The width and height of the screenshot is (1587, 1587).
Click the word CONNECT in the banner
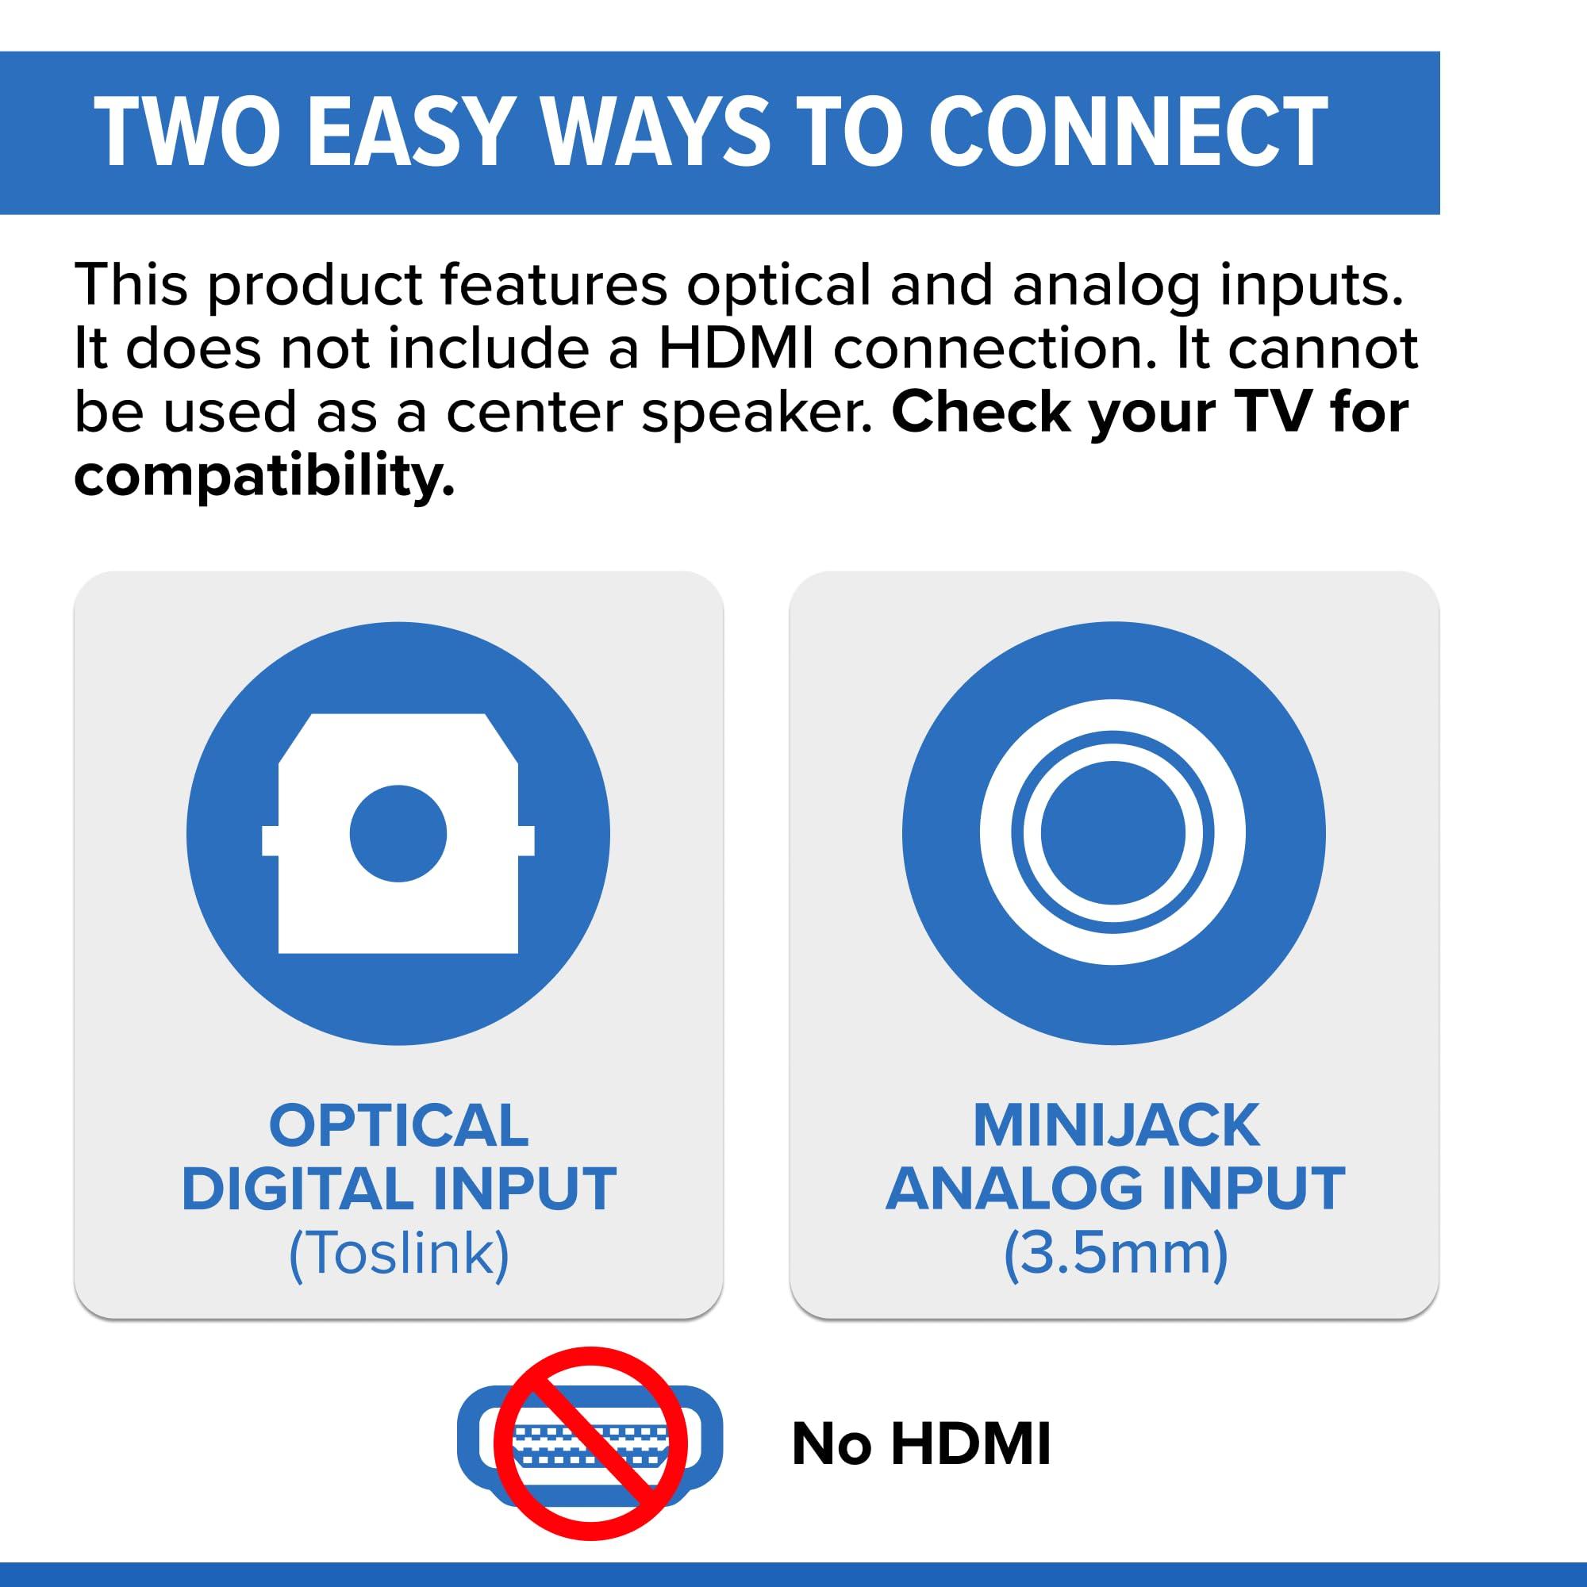pos(1127,133)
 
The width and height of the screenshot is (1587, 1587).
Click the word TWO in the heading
pos(187,133)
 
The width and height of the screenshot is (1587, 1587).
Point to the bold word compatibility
pos(263,476)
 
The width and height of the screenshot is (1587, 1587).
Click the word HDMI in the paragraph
pos(736,348)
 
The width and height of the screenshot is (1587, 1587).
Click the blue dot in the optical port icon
pos(398,834)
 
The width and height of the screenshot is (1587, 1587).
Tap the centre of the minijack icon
pos(1112,833)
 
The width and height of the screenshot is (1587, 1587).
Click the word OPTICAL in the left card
pos(398,1124)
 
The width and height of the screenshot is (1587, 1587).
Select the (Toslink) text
pos(398,1254)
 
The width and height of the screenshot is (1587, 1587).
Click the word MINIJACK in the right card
pos(1116,1124)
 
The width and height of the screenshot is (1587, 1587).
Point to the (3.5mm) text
pos(1116,1254)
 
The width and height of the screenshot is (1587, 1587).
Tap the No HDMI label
pos(920,1443)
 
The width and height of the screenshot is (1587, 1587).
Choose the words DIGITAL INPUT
pos(398,1189)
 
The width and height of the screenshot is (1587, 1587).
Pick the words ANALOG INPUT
pos(1116,1189)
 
